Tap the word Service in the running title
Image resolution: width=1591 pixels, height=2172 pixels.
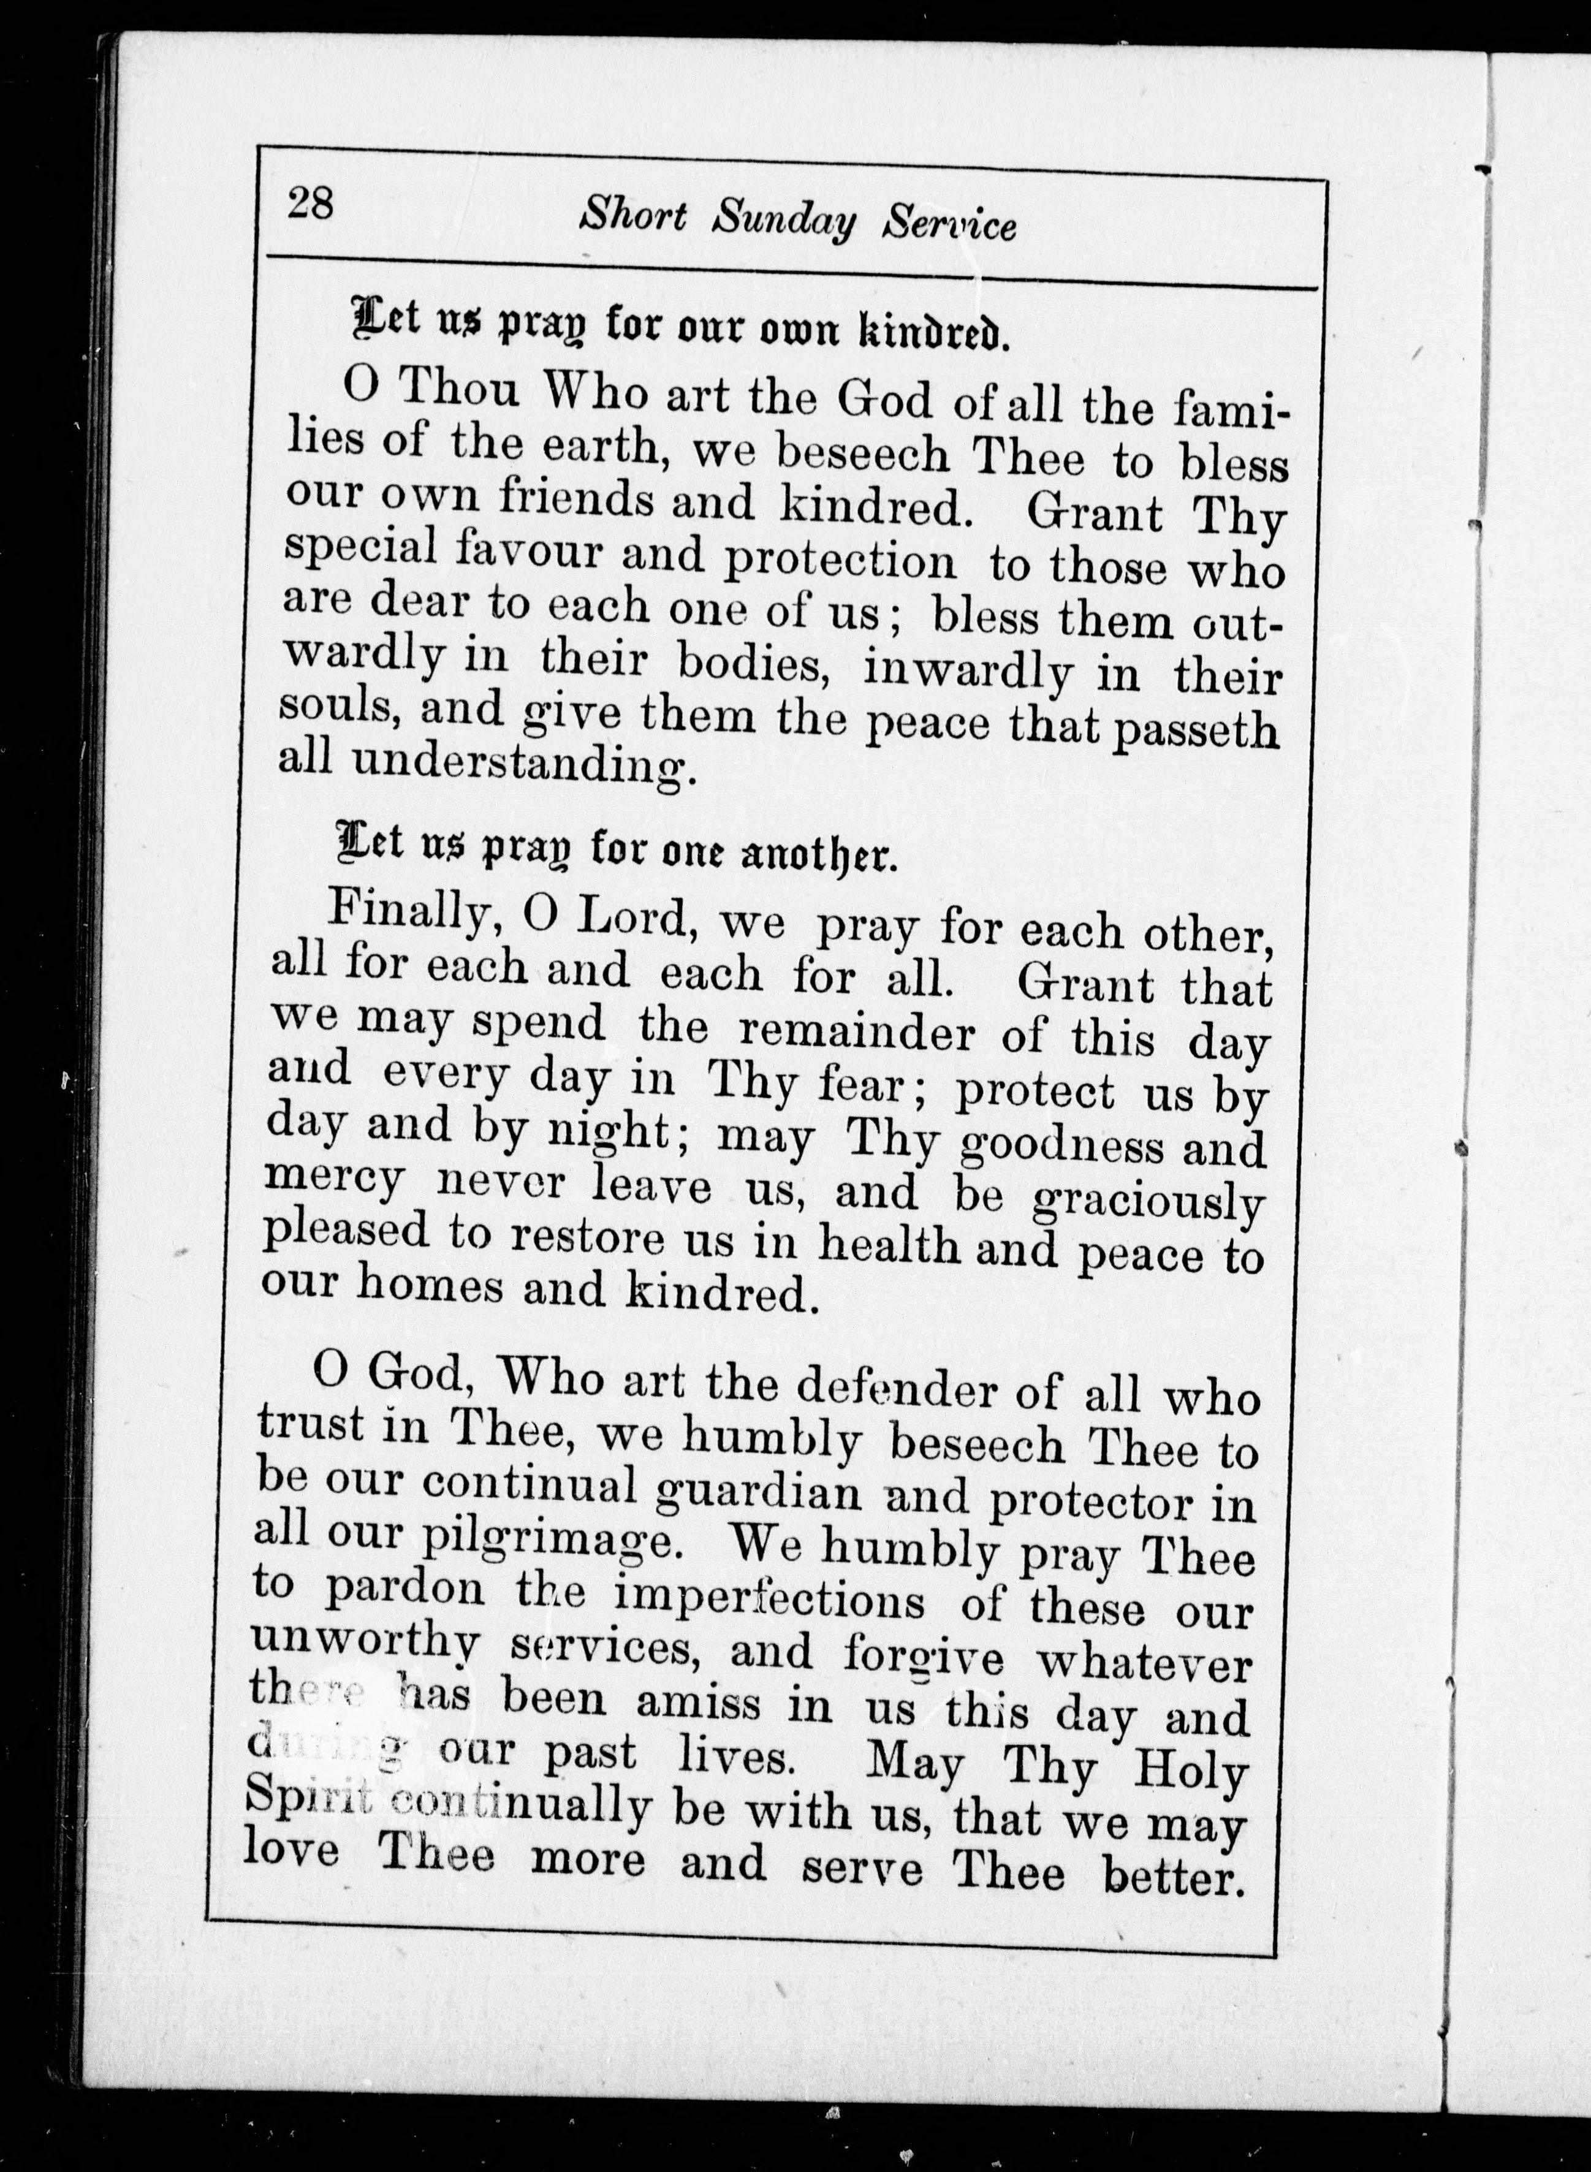pos(949,224)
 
